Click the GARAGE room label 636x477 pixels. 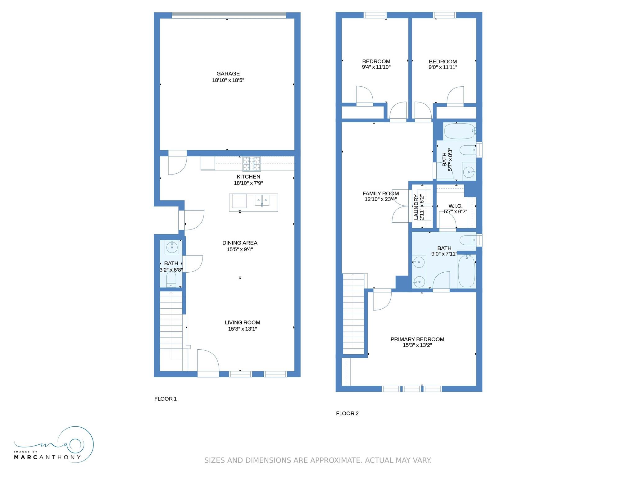tap(228, 74)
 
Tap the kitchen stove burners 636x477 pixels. tap(252, 164)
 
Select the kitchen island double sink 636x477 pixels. tap(262, 200)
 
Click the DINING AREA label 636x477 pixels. tap(240, 243)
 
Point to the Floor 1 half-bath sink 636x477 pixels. tap(172, 247)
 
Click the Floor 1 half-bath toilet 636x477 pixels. tap(171, 279)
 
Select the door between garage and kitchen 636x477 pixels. tap(177, 163)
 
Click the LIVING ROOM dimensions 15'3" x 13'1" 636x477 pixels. tap(243, 329)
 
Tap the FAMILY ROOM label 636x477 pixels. tap(381, 193)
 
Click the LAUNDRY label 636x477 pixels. tap(416, 207)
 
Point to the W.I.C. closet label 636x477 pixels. tap(455, 206)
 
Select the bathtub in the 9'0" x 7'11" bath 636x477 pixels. tap(466, 271)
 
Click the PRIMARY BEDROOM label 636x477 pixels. tap(417, 339)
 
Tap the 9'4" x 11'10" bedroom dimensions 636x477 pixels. tap(376, 67)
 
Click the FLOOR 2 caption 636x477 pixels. tap(347, 413)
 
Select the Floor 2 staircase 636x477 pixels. tap(353, 314)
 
